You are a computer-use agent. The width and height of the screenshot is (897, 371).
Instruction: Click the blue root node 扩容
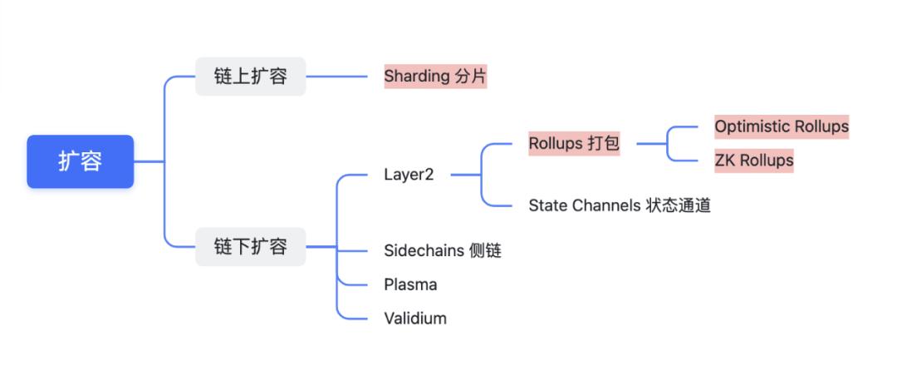(x=80, y=161)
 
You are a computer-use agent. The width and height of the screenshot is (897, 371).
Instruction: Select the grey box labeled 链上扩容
(x=250, y=77)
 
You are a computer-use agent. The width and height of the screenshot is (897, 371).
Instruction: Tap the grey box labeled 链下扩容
(x=250, y=246)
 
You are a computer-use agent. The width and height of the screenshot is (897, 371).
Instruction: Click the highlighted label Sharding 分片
(x=435, y=77)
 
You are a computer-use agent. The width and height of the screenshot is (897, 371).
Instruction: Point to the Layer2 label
(x=409, y=175)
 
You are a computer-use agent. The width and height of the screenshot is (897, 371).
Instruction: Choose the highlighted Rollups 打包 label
(x=574, y=143)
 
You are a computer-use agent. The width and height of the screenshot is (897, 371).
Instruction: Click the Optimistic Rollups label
(x=782, y=126)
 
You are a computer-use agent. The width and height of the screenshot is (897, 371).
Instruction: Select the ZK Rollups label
(x=754, y=160)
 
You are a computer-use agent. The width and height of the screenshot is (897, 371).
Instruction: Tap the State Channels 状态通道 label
(x=620, y=205)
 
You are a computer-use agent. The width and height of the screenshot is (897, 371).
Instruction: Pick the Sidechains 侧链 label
(x=443, y=250)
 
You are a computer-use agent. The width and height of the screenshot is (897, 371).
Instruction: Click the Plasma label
(x=410, y=284)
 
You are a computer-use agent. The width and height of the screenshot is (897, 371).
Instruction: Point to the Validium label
(x=414, y=318)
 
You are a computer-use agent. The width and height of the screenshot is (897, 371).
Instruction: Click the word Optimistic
(x=752, y=126)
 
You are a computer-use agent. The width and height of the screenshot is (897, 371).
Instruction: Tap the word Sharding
(x=416, y=77)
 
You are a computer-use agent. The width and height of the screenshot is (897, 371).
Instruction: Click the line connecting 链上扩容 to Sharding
(x=336, y=77)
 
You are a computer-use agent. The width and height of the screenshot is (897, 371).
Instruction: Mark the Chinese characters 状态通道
(x=678, y=205)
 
